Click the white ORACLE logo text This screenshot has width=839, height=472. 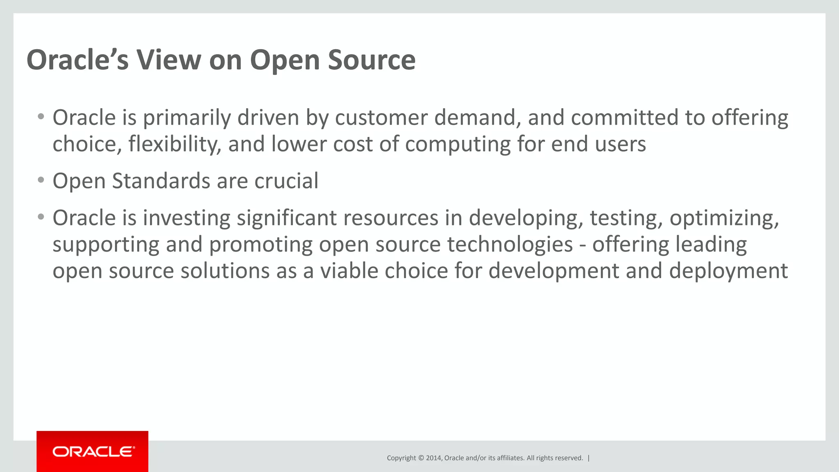point(93,452)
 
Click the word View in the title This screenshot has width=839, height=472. point(168,60)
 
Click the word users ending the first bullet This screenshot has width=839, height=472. point(620,145)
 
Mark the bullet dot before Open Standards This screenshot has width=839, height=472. point(41,180)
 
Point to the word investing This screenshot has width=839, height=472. point(186,218)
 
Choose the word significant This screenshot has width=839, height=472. point(286,218)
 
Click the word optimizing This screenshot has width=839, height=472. point(724,218)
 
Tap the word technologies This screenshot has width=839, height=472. point(510,245)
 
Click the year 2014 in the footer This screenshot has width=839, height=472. point(433,458)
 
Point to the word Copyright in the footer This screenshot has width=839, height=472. point(401,458)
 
